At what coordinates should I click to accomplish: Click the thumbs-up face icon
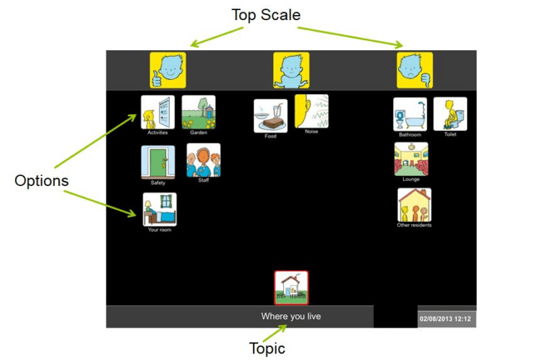167,70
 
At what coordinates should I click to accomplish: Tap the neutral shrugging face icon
291,70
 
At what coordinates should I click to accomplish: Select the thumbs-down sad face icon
415,70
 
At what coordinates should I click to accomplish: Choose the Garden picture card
198,112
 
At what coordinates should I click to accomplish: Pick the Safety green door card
158,162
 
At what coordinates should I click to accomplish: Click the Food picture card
270,116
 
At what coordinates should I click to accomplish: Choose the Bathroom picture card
410,114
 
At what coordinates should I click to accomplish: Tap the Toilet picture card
451,114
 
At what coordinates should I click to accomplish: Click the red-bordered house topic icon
291,287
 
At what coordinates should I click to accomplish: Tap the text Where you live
291,316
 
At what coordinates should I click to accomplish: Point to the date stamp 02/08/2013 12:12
447,317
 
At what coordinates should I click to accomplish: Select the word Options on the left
41,181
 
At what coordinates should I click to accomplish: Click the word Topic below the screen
267,349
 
